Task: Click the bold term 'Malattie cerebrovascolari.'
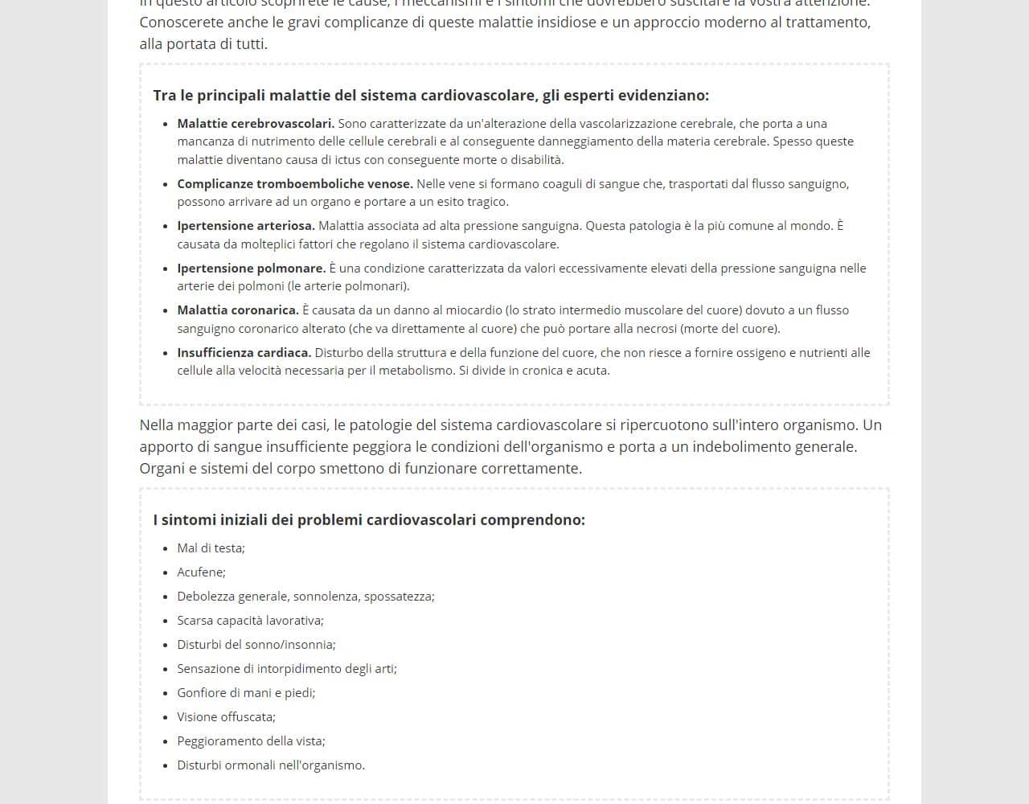coord(256,124)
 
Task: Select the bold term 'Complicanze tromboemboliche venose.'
coord(295,184)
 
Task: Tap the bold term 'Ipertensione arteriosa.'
coord(246,226)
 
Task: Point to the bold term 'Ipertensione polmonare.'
coord(251,269)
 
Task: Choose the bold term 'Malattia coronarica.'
coord(238,310)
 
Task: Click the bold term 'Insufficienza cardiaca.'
coord(244,353)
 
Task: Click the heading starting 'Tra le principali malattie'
coord(431,96)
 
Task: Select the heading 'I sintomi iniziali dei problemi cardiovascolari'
coord(369,520)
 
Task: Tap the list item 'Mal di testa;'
coord(211,548)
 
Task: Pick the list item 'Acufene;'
coord(201,572)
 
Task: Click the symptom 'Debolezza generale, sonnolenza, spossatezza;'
coord(305,597)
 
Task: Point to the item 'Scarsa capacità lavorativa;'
coord(250,621)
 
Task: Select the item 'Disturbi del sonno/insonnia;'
coord(256,645)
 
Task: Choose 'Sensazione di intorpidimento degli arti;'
coord(287,669)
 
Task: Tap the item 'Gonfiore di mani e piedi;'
coord(246,693)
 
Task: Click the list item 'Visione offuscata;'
coord(226,717)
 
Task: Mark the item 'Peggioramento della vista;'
coord(251,741)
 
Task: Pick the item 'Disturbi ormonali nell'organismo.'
coord(271,765)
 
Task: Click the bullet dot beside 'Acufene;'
coord(166,573)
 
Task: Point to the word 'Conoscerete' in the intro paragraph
coord(179,23)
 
